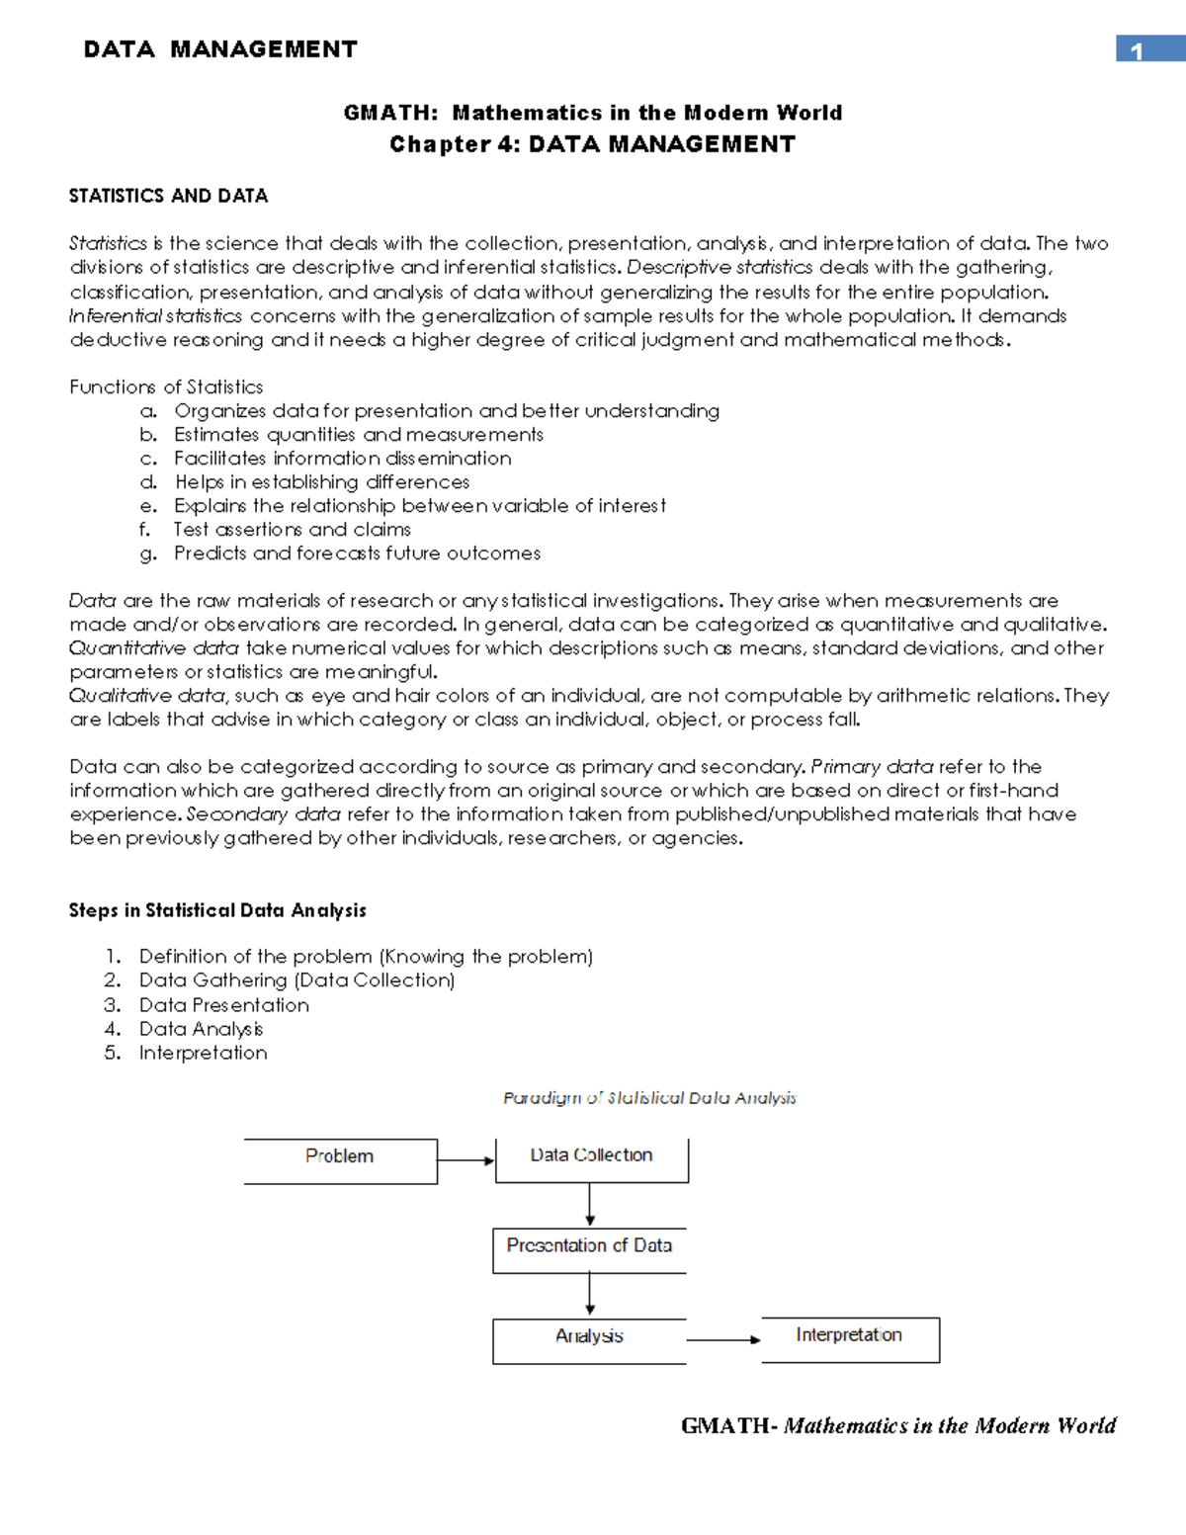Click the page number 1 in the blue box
coord(1138,50)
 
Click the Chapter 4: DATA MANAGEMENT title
coord(592,144)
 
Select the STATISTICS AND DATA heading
coord(168,196)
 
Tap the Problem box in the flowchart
coord(340,1159)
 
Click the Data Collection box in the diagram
coord(591,1158)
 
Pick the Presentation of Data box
coord(589,1248)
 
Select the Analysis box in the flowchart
coord(589,1339)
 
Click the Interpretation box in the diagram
coord(849,1338)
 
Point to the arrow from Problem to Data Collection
coord(466,1160)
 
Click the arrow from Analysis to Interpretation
coord(723,1340)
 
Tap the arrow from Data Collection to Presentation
coord(590,1204)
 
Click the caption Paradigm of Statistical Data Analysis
coord(649,1098)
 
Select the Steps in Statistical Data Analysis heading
coord(217,910)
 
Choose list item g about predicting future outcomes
coord(357,554)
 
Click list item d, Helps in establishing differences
coord(321,482)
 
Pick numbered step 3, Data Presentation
coord(223,1005)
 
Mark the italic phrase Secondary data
coord(263,814)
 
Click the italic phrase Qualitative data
coord(147,696)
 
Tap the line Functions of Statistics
coord(166,387)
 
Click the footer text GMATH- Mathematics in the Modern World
coord(898,1425)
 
